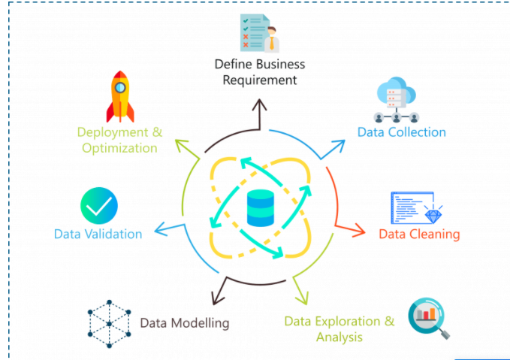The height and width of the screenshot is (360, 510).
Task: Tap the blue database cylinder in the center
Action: click(261, 208)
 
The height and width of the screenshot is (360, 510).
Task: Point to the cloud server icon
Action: click(396, 102)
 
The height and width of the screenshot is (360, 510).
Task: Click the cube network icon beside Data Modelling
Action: click(109, 324)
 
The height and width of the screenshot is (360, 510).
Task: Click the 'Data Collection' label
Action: click(401, 132)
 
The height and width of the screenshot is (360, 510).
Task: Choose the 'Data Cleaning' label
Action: click(418, 234)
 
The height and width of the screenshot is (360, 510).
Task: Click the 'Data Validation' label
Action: click(98, 234)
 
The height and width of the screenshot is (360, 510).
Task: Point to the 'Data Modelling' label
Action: click(184, 323)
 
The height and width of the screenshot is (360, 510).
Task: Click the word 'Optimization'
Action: click(120, 147)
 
